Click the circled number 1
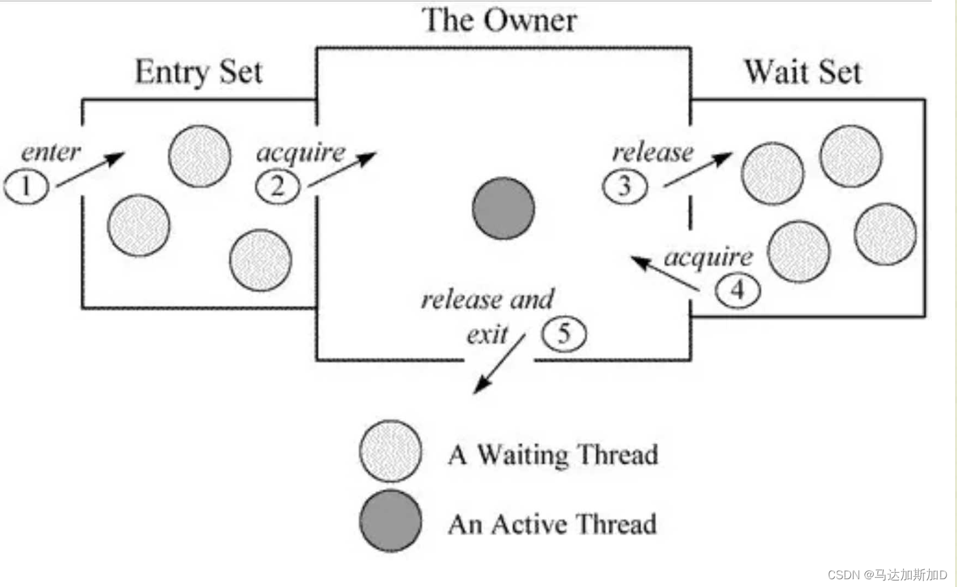[27, 186]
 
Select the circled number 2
[278, 186]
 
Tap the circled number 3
[625, 186]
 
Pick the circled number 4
[737, 290]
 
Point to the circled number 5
[564, 335]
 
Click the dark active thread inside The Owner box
[503, 209]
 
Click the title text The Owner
[499, 20]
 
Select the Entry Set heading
[199, 72]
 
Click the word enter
[51, 152]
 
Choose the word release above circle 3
[652, 153]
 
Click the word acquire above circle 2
[301, 153]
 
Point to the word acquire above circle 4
[709, 257]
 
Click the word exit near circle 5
[488, 335]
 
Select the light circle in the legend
[391, 452]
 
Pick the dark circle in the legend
[391, 521]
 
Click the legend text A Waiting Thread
[553, 454]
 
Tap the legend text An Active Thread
[552, 524]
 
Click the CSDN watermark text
[887, 575]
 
